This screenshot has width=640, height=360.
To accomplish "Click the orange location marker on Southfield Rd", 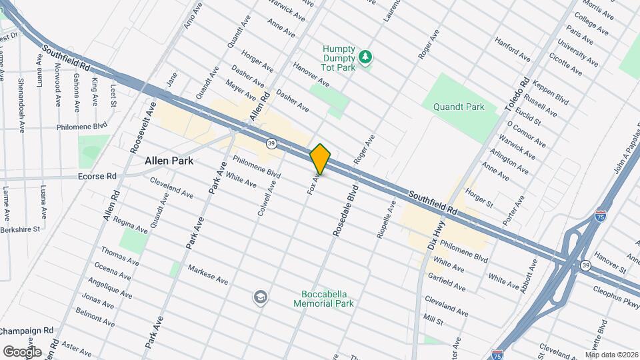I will (x=321, y=159).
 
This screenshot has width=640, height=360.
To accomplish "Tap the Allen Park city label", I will (x=169, y=161).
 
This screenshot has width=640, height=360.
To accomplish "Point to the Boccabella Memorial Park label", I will (x=323, y=298).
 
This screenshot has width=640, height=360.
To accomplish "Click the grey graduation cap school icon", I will (x=261, y=297).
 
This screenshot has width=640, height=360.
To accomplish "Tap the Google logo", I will (x=22, y=351).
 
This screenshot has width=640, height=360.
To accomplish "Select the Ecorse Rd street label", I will (x=97, y=177).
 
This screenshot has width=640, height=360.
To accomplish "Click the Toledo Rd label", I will (x=521, y=93).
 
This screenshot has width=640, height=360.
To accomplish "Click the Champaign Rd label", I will (x=27, y=331).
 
